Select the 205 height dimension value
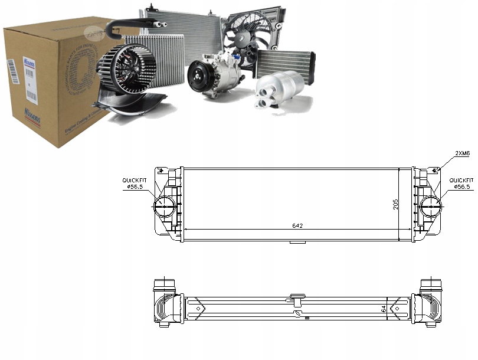tap(396, 204)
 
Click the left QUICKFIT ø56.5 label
tap(133, 183)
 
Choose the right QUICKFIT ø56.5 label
tap(461, 183)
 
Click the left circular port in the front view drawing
tap(163, 206)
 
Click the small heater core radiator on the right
tap(285, 63)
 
